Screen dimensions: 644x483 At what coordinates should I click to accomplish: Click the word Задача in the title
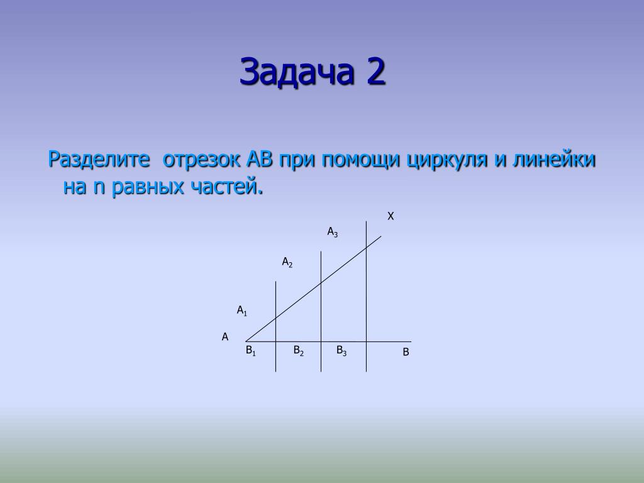(x=297, y=72)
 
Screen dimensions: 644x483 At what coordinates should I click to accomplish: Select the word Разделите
(x=99, y=159)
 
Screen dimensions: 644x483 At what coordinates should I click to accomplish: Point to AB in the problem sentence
(x=260, y=159)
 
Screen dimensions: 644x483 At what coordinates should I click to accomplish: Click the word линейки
(x=553, y=159)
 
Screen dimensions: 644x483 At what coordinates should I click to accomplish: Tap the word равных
(x=147, y=187)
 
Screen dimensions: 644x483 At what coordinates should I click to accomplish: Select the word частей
(x=226, y=187)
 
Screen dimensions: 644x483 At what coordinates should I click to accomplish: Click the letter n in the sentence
(x=99, y=187)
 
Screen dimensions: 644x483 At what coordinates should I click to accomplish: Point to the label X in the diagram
(x=391, y=216)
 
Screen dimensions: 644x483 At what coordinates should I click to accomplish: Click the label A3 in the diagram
(x=332, y=233)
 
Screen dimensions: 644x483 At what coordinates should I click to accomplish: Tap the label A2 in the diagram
(x=287, y=262)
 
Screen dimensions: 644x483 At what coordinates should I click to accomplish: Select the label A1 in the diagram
(x=242, y=311)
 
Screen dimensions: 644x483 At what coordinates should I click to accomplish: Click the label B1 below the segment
(x=250, y=351)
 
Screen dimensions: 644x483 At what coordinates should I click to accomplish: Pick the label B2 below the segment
(x=299, y=351)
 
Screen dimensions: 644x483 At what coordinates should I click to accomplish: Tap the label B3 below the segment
(x=341, y=351)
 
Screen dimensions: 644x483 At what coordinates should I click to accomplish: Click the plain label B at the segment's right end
(x=406, y=352)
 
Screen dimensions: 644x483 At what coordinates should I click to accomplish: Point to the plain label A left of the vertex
(x=225, y=337)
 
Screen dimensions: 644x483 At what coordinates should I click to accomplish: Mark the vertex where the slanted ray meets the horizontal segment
(x=246, y=341)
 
